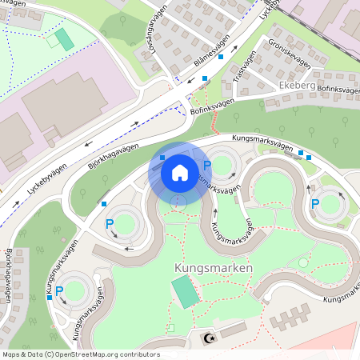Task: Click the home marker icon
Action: pos(180,172)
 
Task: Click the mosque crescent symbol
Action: pos(210,338)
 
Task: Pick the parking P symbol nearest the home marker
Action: pos(206,166)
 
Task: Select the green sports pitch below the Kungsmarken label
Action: pos(186,292)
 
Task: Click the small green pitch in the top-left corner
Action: pos(63,38)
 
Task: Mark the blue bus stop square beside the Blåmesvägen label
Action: pos(206,78)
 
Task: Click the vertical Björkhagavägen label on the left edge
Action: pos(8,280)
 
